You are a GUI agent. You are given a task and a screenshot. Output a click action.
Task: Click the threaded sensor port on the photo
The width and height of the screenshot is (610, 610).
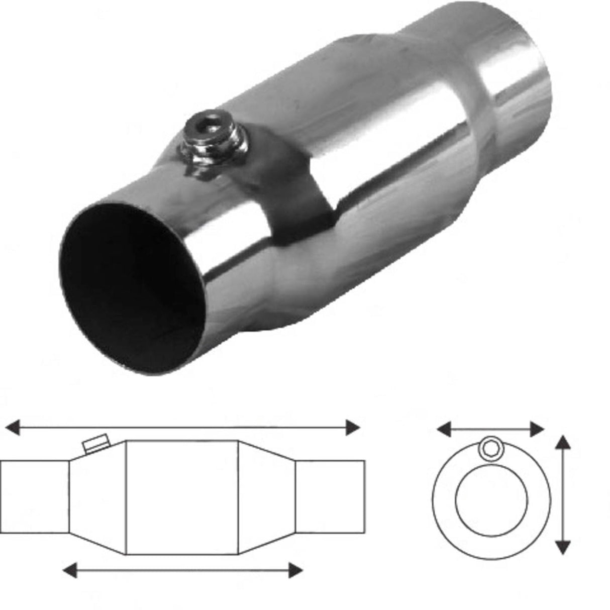(213, 143)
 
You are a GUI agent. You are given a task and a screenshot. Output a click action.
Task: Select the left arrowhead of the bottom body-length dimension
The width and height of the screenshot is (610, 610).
(69, 570)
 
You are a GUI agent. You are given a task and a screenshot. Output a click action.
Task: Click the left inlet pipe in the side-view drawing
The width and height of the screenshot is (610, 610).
(34, 496)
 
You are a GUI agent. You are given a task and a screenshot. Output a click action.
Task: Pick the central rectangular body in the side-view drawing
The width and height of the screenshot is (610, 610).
(181, 497)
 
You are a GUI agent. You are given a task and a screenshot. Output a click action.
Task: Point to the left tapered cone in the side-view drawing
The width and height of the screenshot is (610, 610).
(96, 497)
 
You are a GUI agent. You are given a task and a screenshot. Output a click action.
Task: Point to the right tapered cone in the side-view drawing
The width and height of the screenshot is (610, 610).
(265, 497)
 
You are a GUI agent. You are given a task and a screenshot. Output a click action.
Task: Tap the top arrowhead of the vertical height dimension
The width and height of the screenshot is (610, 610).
(564, 443)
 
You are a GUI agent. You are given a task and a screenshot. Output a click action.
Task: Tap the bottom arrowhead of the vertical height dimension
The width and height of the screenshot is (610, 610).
(564, 547)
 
